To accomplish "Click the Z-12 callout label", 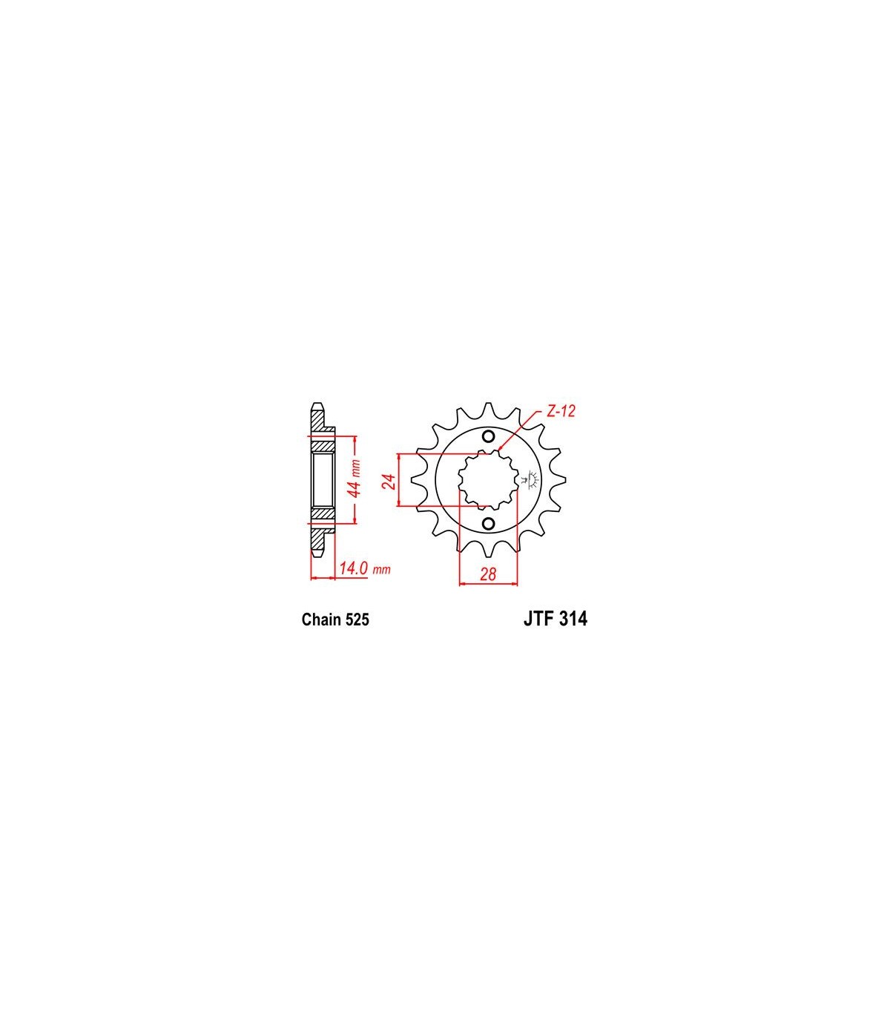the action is (561, 411).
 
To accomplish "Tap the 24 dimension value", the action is (390, 482).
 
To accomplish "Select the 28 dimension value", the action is (488, 574).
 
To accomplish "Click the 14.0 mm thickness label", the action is (365, 568).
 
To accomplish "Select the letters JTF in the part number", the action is (538, 619).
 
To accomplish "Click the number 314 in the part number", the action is (573, 619).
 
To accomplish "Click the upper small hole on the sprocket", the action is (488, 437).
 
